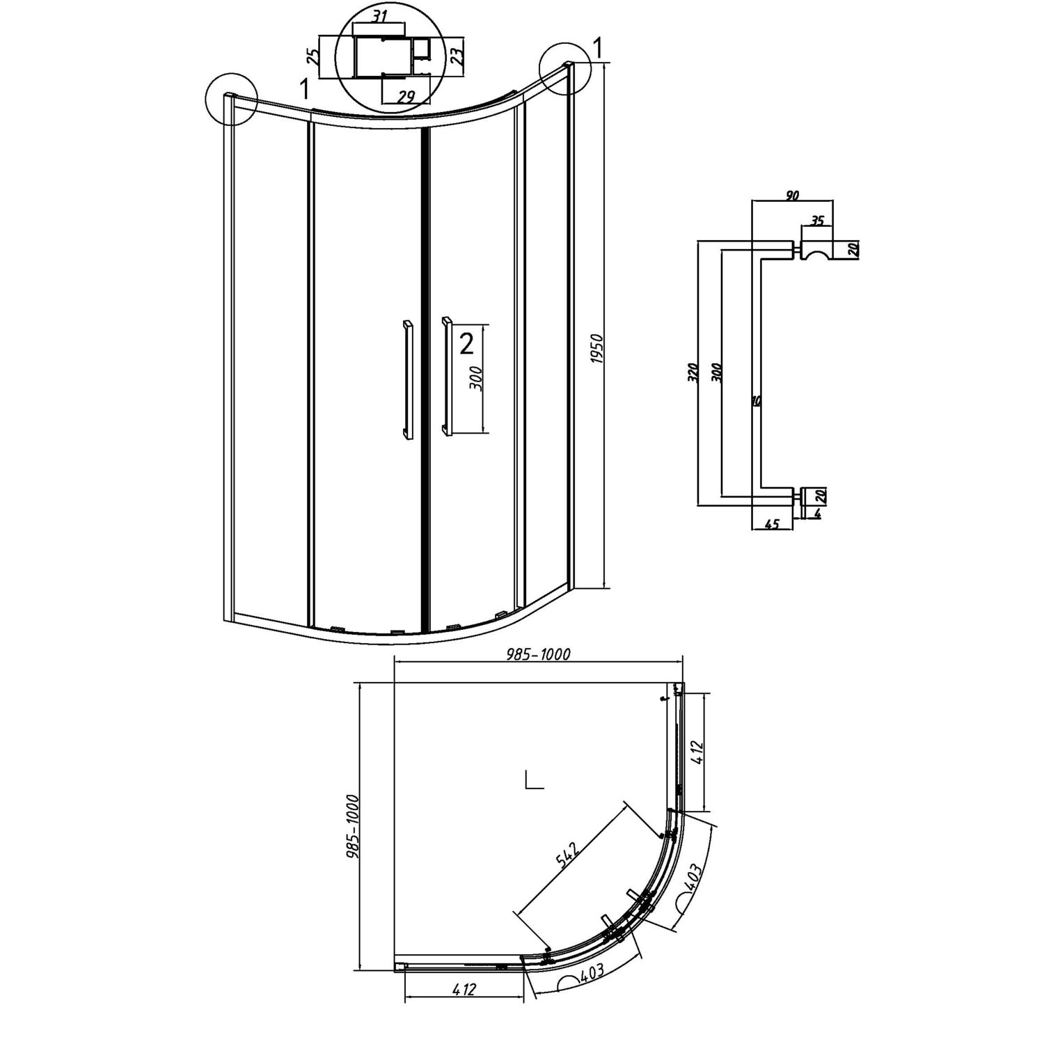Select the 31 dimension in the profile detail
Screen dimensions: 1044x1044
click(x=379, y=17)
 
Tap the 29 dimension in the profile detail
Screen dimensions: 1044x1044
click(x=405, y=97)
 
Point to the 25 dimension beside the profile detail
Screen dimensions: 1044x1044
click(x=314, y=57)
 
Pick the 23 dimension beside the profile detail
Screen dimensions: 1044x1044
click(x=457, y=56)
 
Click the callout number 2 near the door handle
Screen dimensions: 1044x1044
click(x=466, y=343)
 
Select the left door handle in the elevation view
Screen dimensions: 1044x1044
click(x=406, y=379)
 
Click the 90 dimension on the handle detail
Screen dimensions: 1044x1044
click(x=791, y=196)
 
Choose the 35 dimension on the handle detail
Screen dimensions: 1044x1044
click(x=817, y=221)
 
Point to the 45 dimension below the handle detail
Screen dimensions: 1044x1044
click(x=772, y=524)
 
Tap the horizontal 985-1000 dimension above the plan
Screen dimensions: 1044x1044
click(x=538, y=654)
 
